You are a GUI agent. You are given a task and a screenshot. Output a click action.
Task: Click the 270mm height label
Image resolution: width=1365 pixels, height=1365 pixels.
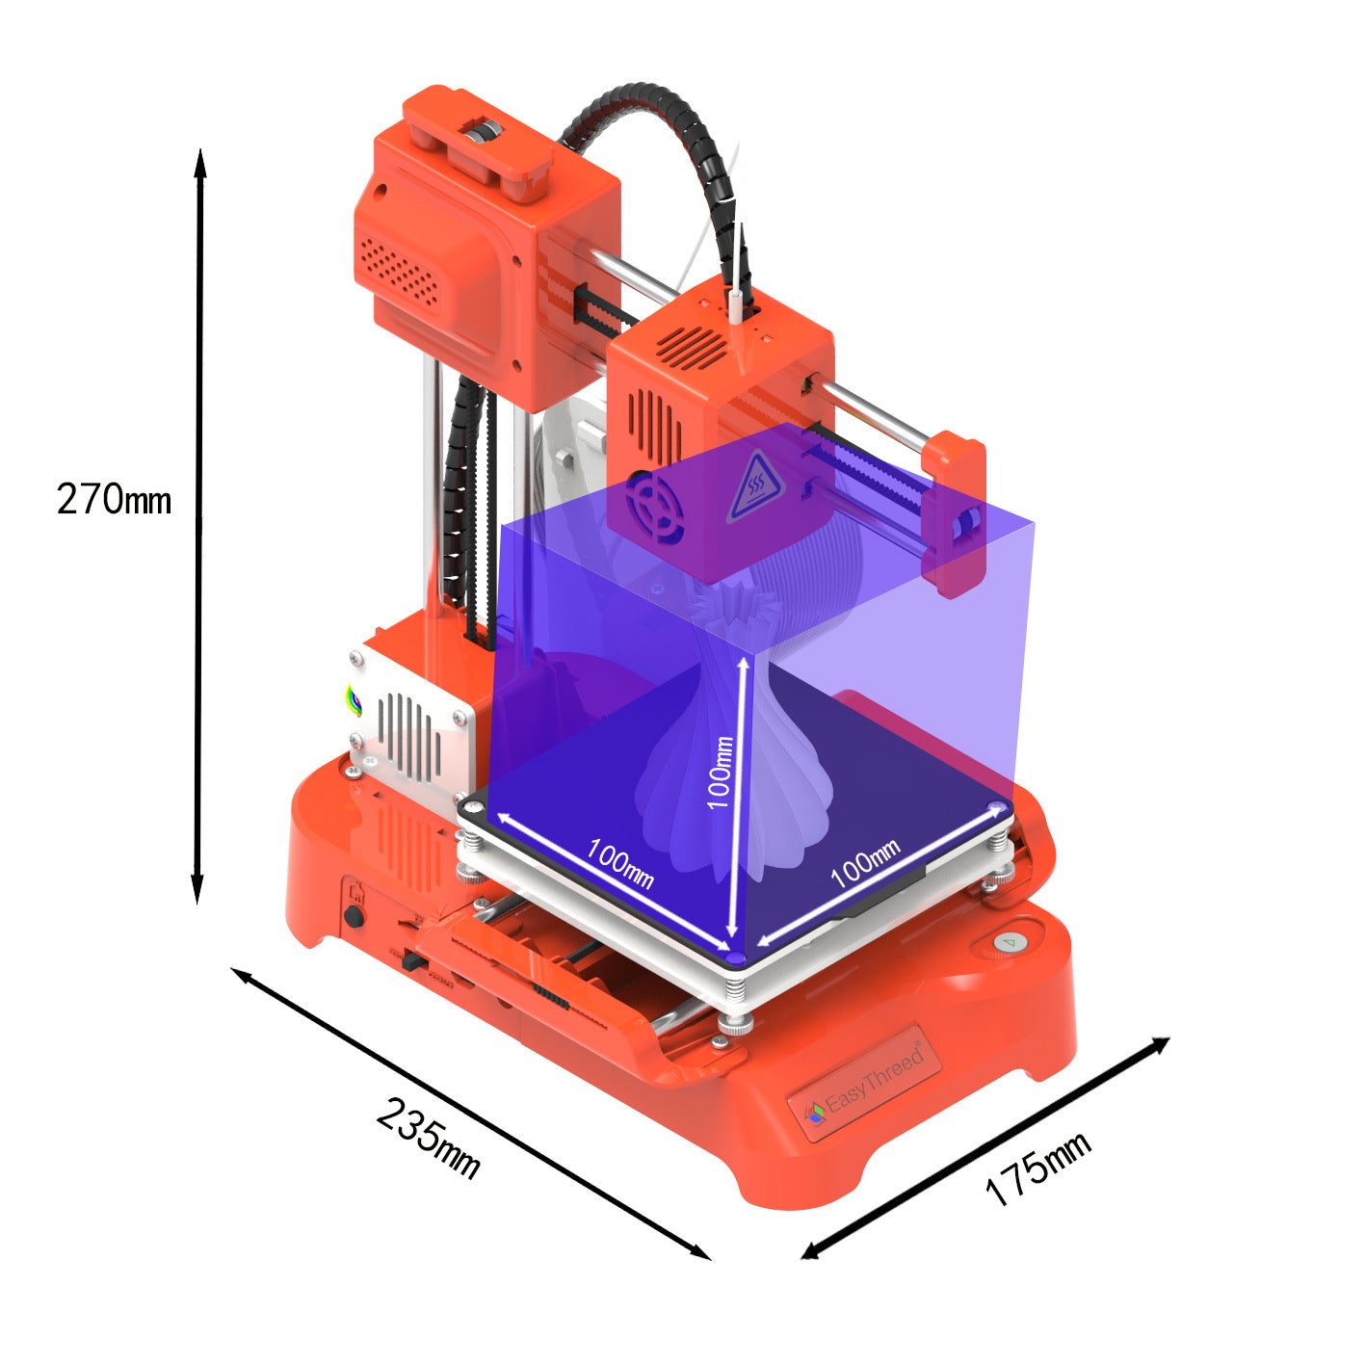coord(114,500)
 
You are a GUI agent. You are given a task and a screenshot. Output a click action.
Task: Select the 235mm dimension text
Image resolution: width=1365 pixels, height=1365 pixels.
coord(428,1137)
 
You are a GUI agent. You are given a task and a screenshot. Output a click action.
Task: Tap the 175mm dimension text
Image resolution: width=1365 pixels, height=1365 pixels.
coord(1037,1168)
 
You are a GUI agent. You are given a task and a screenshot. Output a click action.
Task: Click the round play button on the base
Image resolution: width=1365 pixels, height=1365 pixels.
coord(1006,942)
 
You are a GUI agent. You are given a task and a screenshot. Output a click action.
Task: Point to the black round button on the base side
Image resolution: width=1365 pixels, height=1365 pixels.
coord(354,915)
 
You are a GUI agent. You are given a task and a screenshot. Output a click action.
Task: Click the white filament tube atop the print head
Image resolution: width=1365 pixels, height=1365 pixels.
coord(735,302)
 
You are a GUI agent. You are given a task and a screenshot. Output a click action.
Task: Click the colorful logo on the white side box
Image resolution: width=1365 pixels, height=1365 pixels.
coord(354,700)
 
